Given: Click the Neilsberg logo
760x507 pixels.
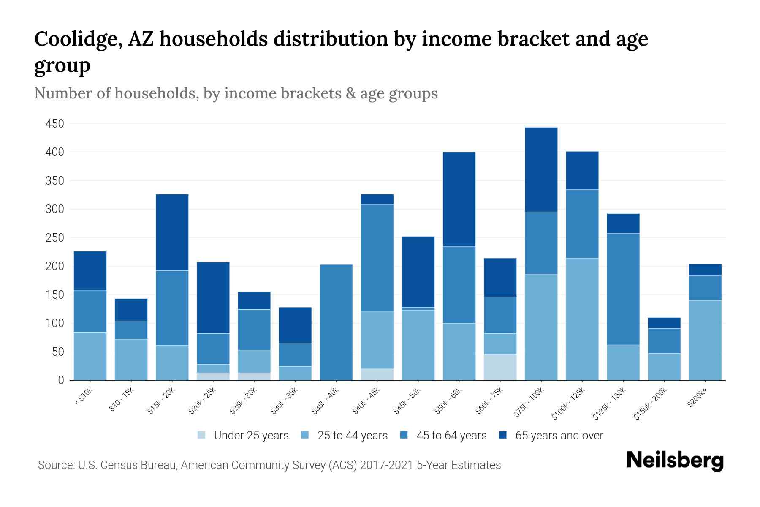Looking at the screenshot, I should [x=675, y=461].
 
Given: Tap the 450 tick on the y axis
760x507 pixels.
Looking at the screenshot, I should [x=55, y=124].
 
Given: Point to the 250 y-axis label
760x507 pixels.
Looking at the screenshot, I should [x=55, y=238].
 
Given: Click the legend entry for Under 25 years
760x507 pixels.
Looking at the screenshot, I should [x=251, y=436].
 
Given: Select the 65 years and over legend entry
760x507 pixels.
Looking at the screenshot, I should [x=559, y=436].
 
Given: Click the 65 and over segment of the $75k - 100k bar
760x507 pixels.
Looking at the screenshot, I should [x=541, y=169].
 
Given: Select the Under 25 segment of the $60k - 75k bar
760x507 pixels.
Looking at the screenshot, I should [x=500, y=367].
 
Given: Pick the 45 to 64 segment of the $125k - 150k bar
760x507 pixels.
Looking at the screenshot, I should [x=623, y=289].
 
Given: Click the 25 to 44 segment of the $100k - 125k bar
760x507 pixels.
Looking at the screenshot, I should [x=582, y=319].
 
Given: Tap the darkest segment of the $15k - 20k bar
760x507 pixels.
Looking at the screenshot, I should [x=172, y=232].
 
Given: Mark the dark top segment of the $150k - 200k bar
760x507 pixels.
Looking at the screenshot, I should [x=664, y=323].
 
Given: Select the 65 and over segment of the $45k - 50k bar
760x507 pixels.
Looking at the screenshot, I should [x=418, y=272].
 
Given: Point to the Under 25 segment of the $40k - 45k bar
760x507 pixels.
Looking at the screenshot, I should [x=377, y=374].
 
